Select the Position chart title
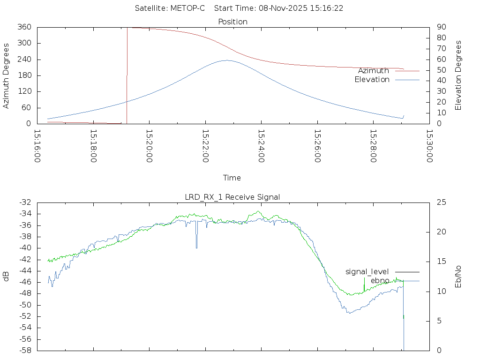pyautogui.click(x=233, y=22)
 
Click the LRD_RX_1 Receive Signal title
pyautogui.click(x=232, y=197)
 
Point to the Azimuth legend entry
pyautogui.click(x=374, y=71)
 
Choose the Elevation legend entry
pyautogui.click(x=372, y=80)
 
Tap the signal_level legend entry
pyautogui.click(x=367, y=272)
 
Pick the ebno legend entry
pyautogui.click(x=380, y=281)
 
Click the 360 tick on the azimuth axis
pyautogui.click(x=25, y=27)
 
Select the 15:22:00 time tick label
pyautogui.click(x=205, y=146)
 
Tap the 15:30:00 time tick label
pyautogui.click(x=429, y=146)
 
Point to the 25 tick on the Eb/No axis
pyautogui.click(x=441, y=202)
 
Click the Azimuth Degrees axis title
pyautogui.click(x=6, y=76)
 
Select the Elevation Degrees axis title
pyautogui.click(x=459, y=75)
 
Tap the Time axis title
pyautogui.click(x=232, y=178)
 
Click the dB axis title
pyautogui.click(x=6, y=277)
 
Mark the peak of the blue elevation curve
pyautogui.click(x=227, y=60)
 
